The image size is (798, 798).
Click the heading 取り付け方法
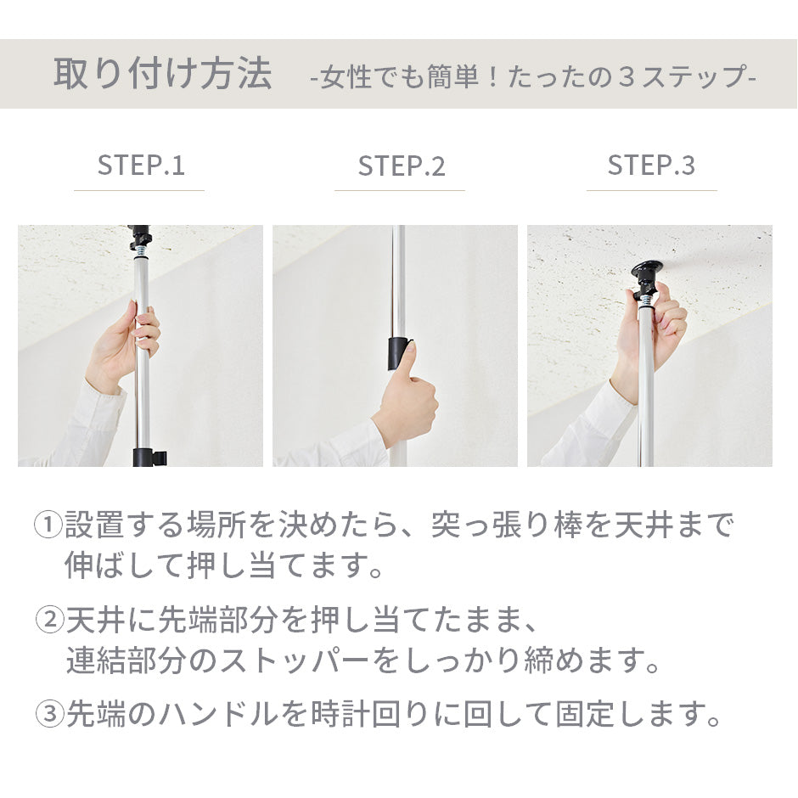tap(163, 75)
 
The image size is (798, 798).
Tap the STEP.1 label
tap(140, 166)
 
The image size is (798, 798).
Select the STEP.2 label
tap(401, 166)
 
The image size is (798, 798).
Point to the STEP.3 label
tap(651, 166)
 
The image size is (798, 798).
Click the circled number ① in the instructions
tap(48, 525)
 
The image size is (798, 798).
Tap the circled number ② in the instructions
tap(49, 621)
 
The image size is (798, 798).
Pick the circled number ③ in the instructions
tap(49, 714)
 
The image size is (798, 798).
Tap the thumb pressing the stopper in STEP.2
tap(410, 357)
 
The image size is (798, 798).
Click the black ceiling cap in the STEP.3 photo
tap(646, 270)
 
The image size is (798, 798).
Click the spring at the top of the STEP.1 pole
tap(141, 252)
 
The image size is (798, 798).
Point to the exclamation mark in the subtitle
tap(492, 76)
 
